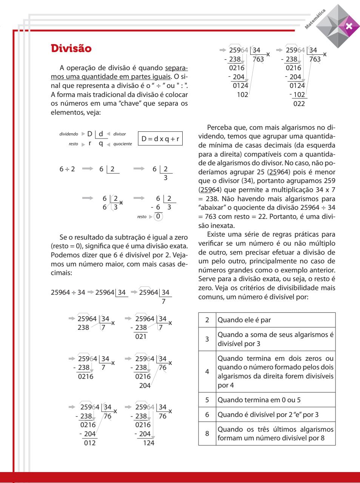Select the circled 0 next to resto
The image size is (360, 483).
[159, 217]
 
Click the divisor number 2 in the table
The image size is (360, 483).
[207, 320]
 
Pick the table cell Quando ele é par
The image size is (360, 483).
[245, 320]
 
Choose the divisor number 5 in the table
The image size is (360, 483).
[207, 400]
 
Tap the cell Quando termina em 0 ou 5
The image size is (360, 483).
[259, 400]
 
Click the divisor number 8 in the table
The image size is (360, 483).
[207, 433]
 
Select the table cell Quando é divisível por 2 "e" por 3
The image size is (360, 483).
[268, 414]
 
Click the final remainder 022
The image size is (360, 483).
[299, 104]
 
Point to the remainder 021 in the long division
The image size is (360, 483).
[141, 337]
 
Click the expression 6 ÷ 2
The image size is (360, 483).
[67, 169]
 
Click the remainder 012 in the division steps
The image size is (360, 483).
[90, 443]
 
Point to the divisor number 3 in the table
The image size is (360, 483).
[207, 338]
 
